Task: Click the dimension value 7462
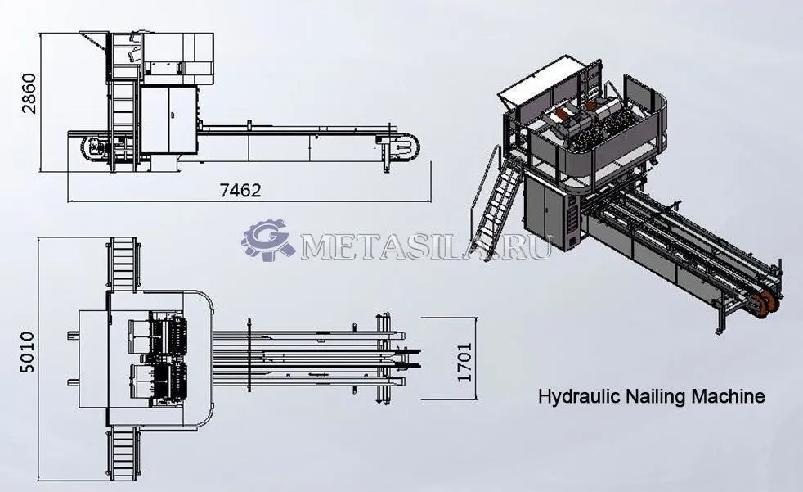pyautogui.click(x=240, y=191)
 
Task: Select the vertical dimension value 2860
pyautogui.click(x=29, y=93)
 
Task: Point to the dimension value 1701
pyautogui.click(x=464, y=363)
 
